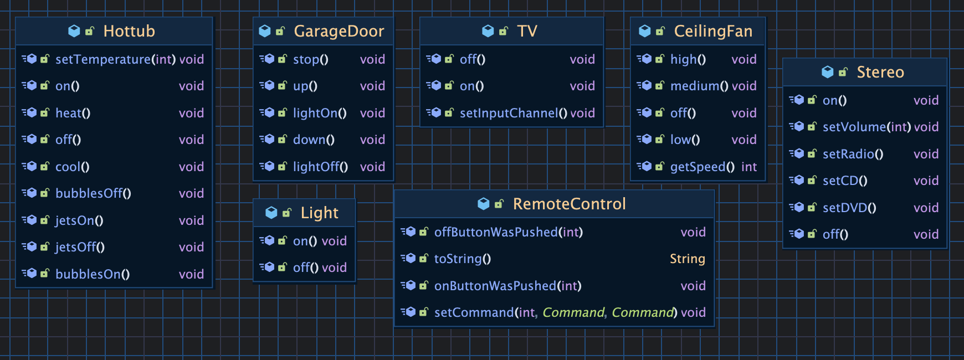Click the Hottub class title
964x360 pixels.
[x=129, y=31]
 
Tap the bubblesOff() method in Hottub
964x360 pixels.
[x=93, y=193]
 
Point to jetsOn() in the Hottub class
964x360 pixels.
[x=79, y=220]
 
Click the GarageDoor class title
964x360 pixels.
[x=339, y=31]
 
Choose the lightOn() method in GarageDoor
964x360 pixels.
[x=320, y=113]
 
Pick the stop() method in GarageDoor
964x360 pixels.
[x=310, y=59]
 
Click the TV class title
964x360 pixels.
[x=526, y=31]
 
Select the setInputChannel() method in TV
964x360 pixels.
[x=513, y=113]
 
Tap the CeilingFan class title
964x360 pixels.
[x=712, y=31]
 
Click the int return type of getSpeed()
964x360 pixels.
[x=748, y=167]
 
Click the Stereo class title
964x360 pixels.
[x=880, y=72]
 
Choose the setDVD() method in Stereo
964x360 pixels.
[x=849, y=208]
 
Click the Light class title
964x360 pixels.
[x=319, y=213]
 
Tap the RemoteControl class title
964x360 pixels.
[x=569, y=204]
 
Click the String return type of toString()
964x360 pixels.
[x=687, y=259]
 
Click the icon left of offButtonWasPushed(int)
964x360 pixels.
[x=410, y=232]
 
